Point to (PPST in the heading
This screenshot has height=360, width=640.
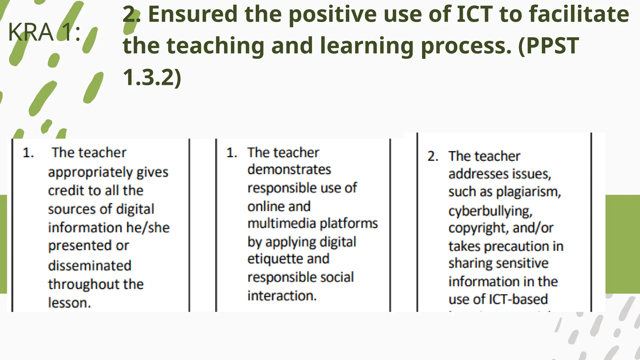(549, 46)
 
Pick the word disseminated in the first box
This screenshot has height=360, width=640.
(90, 266)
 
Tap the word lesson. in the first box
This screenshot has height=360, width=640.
(69, 303)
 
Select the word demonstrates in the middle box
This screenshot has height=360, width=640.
(289, 170)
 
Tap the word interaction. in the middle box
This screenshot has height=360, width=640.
(282, 296)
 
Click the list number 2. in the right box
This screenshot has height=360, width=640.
(433, 156)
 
